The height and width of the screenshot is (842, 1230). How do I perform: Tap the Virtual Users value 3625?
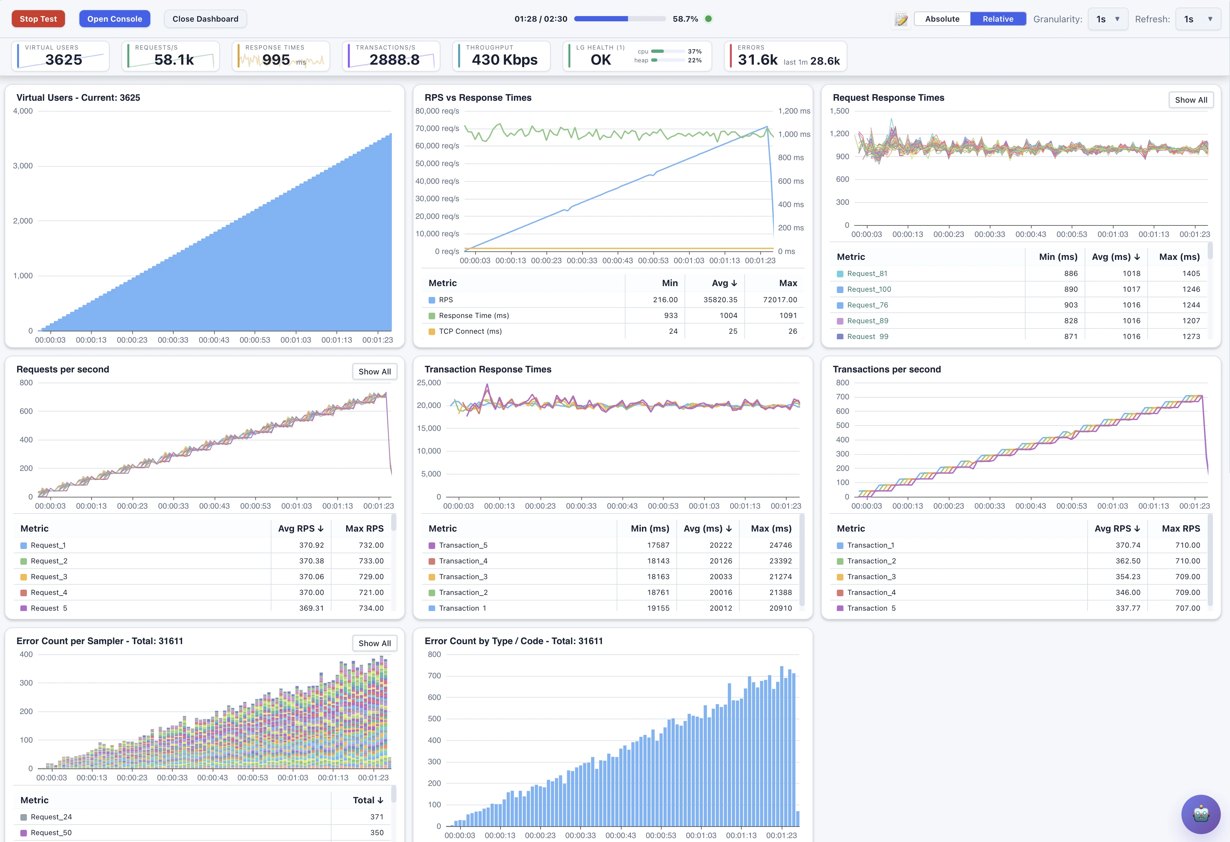[64, 60]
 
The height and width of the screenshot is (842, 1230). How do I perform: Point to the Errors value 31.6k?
[757, 60]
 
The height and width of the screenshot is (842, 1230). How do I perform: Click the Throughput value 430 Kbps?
[504, 60]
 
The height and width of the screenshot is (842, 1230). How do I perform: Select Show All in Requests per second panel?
[375, 371]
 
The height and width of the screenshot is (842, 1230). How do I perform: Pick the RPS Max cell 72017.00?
[780, 300]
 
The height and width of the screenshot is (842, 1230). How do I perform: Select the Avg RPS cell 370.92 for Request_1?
[311, 545]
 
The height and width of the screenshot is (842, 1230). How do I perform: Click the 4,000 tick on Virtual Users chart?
[23, 111]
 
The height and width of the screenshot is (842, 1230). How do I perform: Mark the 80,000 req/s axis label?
[437, 111]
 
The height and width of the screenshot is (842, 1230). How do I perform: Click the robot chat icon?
[1201, 814]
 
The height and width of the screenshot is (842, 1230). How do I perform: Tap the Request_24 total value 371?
[376, 817]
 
